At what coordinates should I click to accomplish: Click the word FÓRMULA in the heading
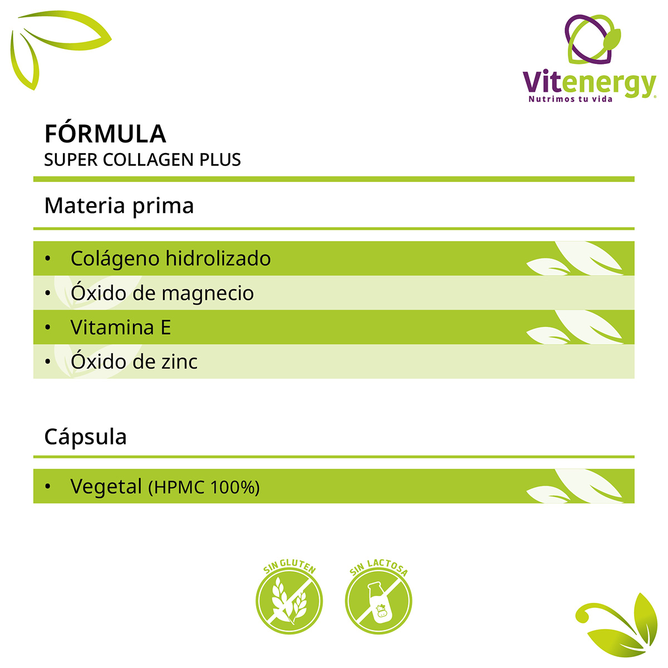105,134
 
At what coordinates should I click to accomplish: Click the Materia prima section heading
119,206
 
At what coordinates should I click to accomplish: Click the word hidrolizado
218,258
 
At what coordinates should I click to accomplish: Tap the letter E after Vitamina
165,327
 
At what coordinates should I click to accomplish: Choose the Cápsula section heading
85,437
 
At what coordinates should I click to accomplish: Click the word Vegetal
106,487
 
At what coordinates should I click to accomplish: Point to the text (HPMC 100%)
204,488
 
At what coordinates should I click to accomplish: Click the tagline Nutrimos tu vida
570,99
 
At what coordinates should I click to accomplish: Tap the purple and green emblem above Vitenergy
592,39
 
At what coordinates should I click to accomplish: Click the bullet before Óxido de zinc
48,362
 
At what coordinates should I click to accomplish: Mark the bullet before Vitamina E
48,327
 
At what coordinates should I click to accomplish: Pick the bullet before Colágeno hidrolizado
48,258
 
